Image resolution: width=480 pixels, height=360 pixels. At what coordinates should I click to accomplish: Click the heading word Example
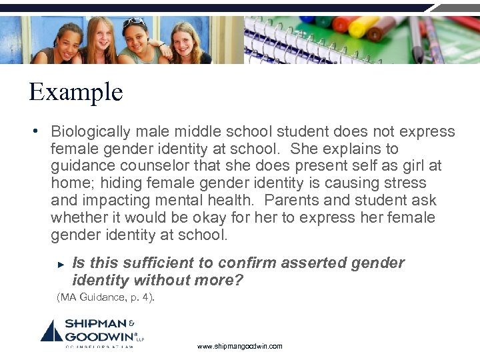point(75,92)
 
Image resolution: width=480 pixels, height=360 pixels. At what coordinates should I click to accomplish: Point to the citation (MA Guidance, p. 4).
point(105,297)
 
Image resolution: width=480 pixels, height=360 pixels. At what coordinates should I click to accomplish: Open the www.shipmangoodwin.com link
point(239,346)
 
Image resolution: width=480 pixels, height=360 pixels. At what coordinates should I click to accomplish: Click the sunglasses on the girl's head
point(133,23)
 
